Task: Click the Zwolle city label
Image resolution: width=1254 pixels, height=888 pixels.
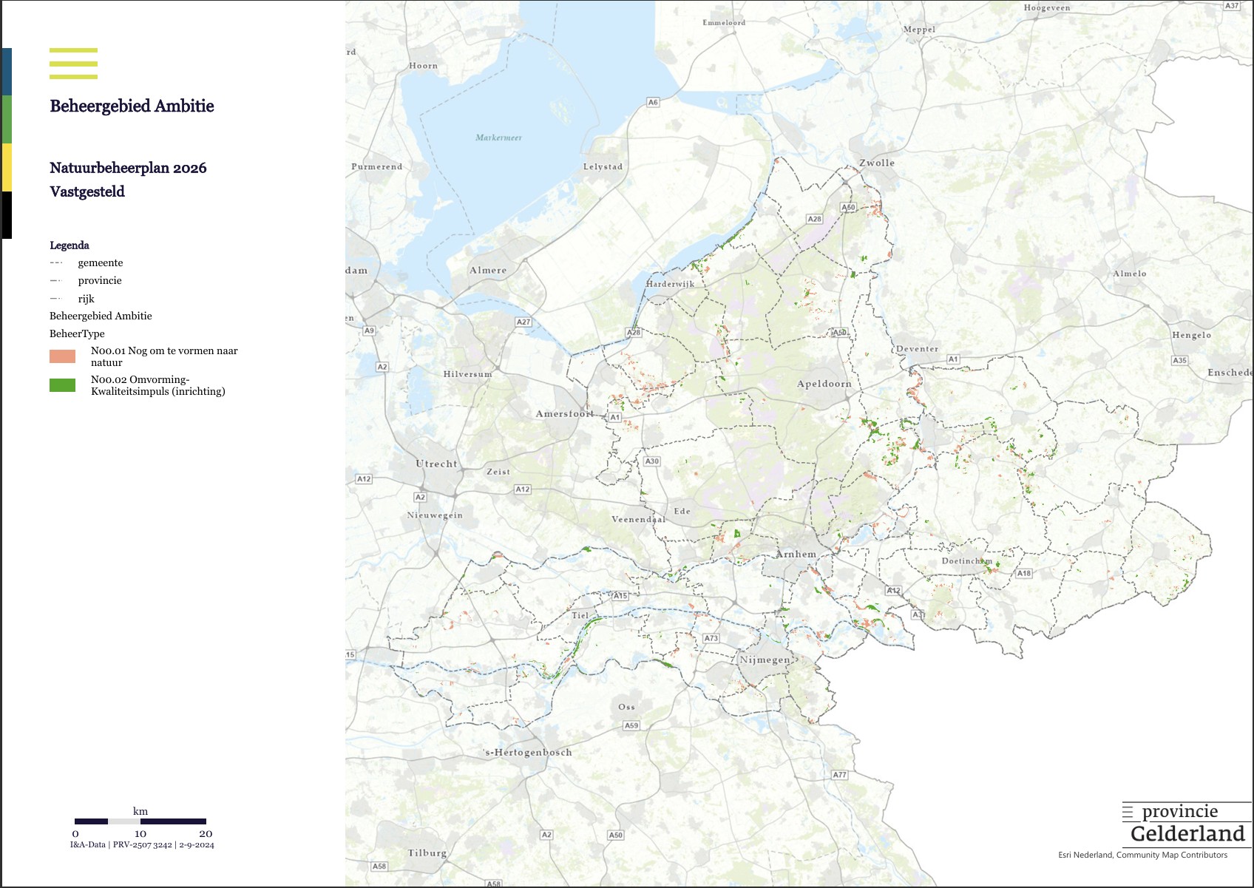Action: coord(876,163)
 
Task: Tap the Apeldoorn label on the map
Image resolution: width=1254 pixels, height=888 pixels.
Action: coord(824,384)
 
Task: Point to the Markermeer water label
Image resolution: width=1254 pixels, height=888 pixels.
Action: coord(498,138)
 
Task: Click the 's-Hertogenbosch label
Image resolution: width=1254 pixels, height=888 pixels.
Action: coord(528,753)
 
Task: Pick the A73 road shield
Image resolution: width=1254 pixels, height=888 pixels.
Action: coord(711,638)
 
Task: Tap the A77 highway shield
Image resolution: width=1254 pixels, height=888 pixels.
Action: coord(839,775)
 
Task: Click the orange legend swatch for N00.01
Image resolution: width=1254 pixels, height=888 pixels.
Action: coord(62,356)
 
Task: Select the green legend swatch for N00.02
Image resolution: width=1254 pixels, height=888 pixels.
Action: coord(62,385)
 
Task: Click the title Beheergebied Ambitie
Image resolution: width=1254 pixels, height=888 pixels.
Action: coord(132,106)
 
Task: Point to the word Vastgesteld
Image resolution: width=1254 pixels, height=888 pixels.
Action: coord(87,192)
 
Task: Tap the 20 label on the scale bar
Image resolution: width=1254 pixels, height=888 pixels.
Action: coord(206,833)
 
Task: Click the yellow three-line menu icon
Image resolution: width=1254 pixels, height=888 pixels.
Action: coord(73,64)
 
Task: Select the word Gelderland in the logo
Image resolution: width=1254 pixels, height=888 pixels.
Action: coord(1187,834)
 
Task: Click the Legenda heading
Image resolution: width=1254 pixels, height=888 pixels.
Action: coord(70,245)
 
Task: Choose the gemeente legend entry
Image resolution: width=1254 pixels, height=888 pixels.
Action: coord(100,262)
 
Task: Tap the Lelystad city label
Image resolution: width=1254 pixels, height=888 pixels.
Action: coord(603,166)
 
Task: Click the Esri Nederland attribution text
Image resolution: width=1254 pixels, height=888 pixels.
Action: coord(1142,855)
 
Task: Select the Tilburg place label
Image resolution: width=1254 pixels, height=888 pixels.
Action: coord(427,853)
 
